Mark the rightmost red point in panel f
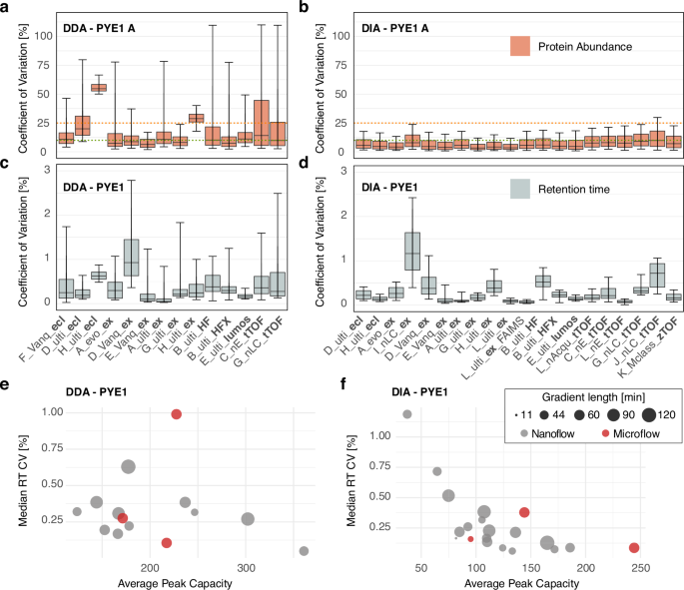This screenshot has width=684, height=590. pyautogui.click(x=634, y=548)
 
